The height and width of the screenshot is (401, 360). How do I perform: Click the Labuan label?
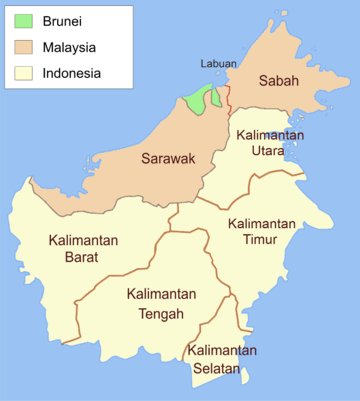[x=219, y=64]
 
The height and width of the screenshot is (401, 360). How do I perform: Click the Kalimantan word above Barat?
[x=83, y=241]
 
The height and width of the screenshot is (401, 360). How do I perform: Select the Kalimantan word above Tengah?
[x=161, y=295]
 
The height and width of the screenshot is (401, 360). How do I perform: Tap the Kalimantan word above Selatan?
[x=222, y=351]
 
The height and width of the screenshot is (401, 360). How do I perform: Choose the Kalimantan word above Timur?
[x=263, y=223]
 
